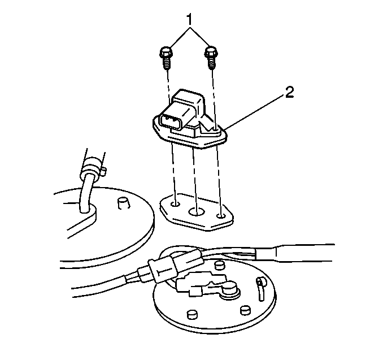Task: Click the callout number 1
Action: (x=190, y=20)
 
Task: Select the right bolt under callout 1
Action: (x=211, y=58)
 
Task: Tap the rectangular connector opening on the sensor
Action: (x=169, y=120)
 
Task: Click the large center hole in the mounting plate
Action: (x=196, y=212)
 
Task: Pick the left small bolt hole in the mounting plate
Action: (x=175, y=203)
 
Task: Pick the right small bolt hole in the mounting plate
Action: (x=221, y=216)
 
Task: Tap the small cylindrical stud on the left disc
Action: (x=123, y=203)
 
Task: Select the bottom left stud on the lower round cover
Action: (x=191, y=315)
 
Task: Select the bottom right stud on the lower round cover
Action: (x=245, y=310)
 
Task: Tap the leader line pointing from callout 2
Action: (x=254, y=112)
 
